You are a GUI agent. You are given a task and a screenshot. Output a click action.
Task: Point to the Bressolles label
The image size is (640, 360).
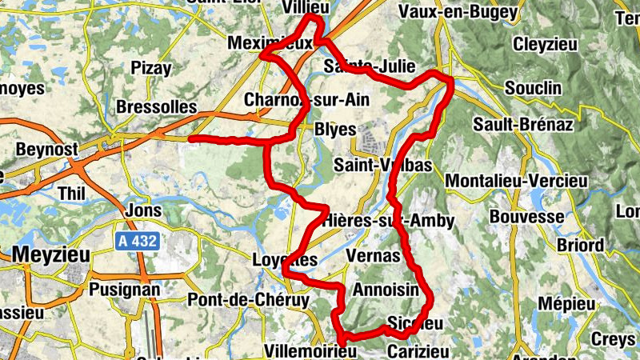[157, 106]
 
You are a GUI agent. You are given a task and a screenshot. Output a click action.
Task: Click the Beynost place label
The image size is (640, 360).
[47, 150]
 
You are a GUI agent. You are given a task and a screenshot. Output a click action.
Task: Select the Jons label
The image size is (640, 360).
[144, 211]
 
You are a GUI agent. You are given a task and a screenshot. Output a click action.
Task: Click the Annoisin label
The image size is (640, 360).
[386, 290]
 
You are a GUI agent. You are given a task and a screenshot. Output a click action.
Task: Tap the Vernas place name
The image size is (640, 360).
[373, 255]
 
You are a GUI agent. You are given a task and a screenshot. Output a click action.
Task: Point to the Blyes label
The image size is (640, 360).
[336, 130]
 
